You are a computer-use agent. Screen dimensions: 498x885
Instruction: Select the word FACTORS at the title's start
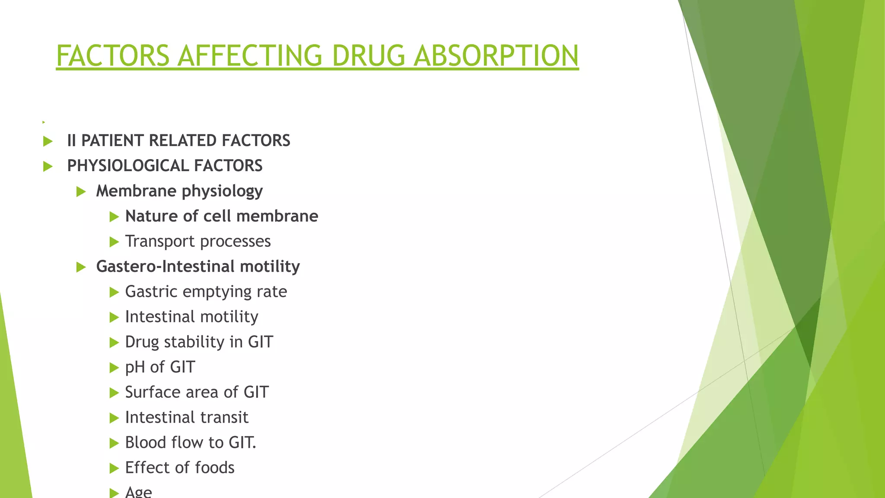[x=113, y=56]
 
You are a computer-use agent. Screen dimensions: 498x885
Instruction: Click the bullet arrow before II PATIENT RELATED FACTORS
[x=48, y=141]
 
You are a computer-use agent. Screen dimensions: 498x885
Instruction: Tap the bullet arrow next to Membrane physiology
[x=81, y=192]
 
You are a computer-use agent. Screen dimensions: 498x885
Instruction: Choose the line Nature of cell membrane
[x=221, y=216]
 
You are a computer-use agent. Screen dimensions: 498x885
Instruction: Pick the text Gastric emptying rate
[x=206, y=292]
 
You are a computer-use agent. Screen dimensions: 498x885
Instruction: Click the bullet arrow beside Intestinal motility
[x=114, y=318]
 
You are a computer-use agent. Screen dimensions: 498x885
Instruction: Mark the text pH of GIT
[x=160, y=367]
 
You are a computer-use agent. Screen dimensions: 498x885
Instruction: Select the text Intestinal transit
[x=186, y=418]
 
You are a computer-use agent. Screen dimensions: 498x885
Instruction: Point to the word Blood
[x=146, y=443]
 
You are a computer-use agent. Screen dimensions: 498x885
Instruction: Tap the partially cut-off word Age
[x=138, y=492]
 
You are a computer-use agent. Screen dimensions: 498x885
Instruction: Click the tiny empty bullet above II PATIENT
[x=44, y=122]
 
